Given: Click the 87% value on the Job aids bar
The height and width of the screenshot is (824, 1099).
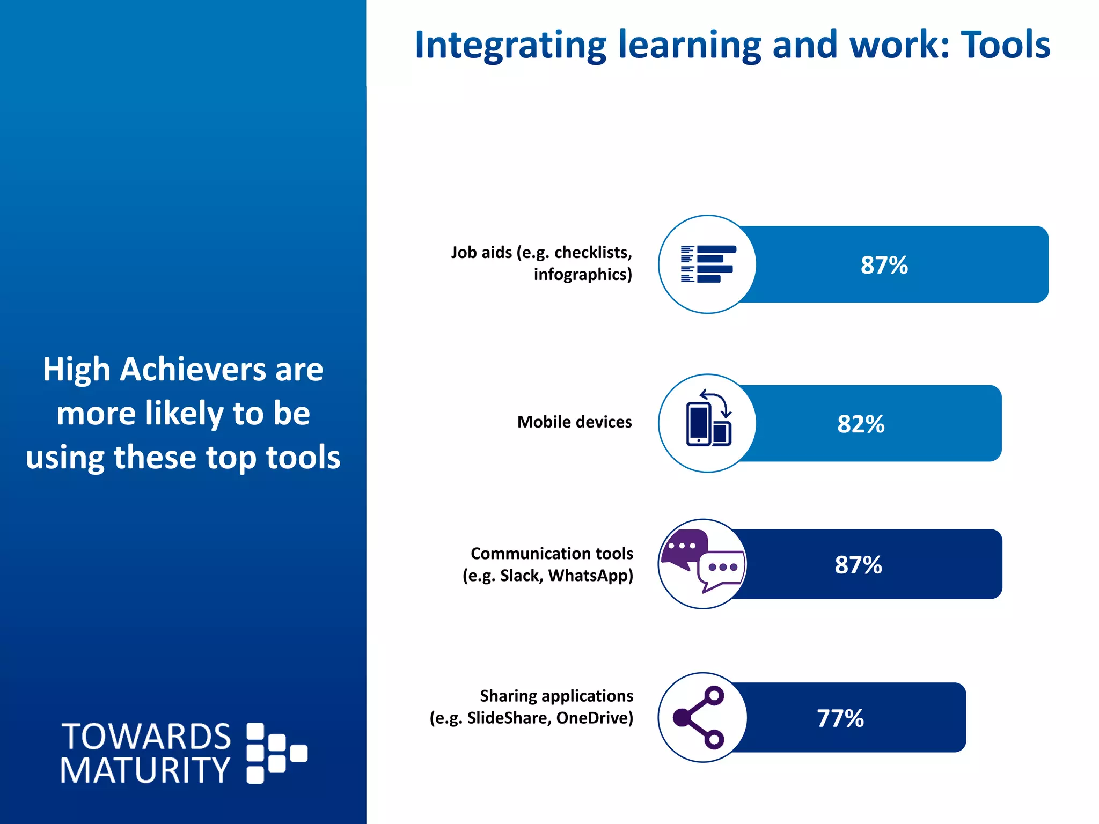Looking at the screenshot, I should pos(884,265).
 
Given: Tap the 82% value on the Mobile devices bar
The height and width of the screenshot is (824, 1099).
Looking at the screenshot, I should pos(860,424).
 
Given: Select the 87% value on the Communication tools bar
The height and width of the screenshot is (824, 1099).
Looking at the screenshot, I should pos(858,565).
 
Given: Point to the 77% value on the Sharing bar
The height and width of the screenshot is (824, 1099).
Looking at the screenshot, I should pos(840,718).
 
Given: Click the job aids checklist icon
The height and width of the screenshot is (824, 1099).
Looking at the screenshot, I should pos(707,264).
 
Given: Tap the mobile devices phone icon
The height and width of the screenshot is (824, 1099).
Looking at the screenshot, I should pos(707,418).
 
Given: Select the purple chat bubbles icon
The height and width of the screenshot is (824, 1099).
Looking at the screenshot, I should pos(702,561).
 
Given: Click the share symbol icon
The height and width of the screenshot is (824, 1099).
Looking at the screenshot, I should pos(700,717).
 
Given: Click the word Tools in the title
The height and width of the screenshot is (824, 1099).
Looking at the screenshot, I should pos(1005,45).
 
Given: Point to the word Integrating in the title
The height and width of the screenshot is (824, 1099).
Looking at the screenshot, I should pos(510,46).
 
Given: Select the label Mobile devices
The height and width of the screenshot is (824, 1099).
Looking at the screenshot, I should pos(574,422).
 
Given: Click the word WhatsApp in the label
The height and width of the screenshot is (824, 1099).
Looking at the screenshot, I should pos(590,576).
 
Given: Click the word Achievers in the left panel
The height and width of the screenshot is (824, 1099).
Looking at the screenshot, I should pos(193,370).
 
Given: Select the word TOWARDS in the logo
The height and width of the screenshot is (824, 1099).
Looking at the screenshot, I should pos(146,737).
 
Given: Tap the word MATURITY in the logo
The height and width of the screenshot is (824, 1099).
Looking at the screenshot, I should pos(145,771).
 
